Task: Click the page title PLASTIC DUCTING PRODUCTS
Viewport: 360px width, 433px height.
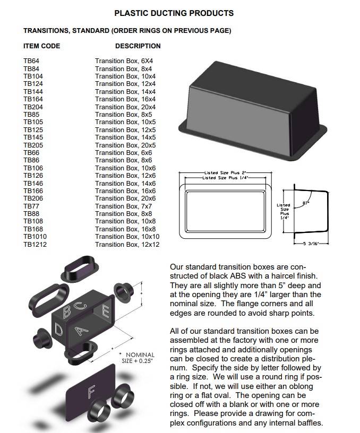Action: [174, 13]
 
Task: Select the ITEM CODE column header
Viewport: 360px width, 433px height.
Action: [42, 46]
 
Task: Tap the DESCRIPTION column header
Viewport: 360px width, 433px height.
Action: [138, 46]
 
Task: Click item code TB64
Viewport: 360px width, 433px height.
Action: [31, 61]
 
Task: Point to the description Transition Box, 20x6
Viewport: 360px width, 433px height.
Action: [125, 198]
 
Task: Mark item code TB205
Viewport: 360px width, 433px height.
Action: [33, 145]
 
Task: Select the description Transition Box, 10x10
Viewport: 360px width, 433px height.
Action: [127, 237]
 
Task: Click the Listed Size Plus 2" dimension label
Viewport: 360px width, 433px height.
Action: [226, 173]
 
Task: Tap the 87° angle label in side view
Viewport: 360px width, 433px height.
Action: [306, 203]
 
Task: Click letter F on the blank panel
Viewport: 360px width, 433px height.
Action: [91, 393]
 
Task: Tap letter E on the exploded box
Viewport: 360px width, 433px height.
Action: [106, 311]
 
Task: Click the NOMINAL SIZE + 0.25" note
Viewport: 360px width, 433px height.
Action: [138, 358]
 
